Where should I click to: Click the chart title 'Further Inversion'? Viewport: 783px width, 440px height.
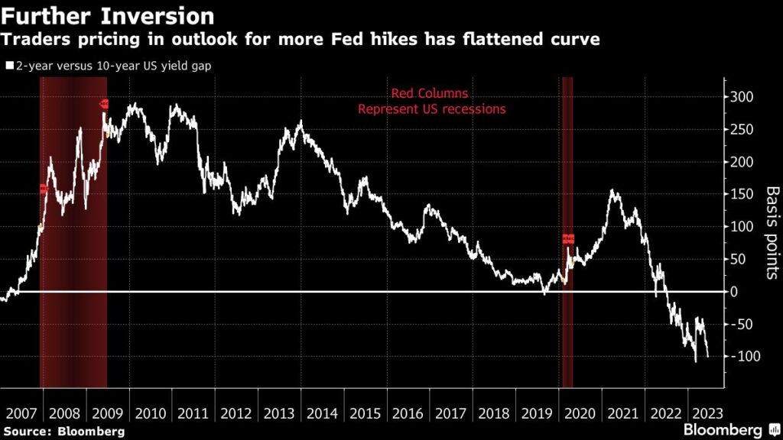pyautogui.click(x=108, y=15)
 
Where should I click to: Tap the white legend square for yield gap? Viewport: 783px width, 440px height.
pyautogui.click(x=9, y=66)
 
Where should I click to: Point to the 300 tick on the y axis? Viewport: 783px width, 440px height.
pyautogui.click(x=739, y=97)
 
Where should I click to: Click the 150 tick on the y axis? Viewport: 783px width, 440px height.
pyautogui.click(x=739, y=194)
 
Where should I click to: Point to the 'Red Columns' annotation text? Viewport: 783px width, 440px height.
pyautogui.click(x=430, y=94)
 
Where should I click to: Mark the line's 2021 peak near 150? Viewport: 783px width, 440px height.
pyautogui.click(x=614, y=190)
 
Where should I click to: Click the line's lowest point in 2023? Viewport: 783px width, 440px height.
pyautogui.click(x=696, y=361)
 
